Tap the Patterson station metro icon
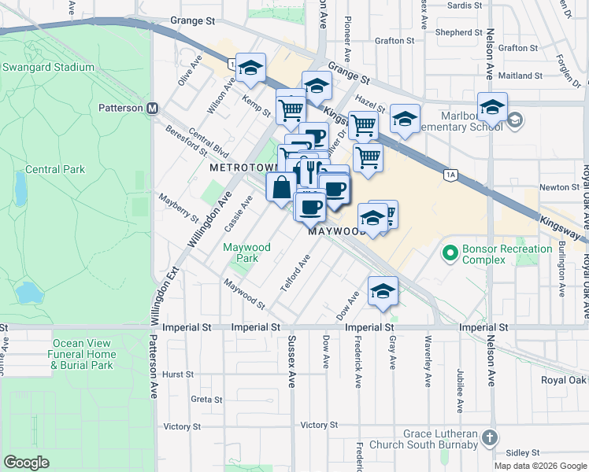153,108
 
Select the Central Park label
54,169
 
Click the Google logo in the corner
27,463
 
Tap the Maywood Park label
246,253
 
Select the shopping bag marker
281,188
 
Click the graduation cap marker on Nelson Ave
492,107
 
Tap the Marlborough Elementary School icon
515,120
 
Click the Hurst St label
178,374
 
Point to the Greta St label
206,400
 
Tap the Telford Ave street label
296,274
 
